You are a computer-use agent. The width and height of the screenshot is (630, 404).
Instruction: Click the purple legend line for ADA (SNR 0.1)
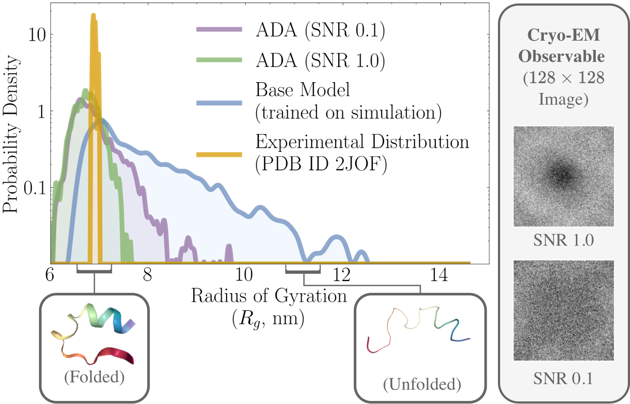click(219, 29)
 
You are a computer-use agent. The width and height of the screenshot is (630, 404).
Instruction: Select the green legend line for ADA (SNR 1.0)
click(219, 60)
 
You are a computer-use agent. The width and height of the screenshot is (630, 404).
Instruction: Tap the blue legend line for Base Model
click(219, 103)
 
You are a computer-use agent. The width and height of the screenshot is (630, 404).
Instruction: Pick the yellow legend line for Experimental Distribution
click(219, 154)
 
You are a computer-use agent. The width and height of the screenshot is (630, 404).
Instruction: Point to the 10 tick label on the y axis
click(37, 35)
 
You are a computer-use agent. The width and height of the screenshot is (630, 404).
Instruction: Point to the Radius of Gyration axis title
click(269, 296)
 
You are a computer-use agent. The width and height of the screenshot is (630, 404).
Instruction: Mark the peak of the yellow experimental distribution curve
click(93, 15)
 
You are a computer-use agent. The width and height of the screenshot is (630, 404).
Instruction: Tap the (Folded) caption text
click(94, 377)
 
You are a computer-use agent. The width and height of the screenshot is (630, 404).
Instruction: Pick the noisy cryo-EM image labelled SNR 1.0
click(563, 176)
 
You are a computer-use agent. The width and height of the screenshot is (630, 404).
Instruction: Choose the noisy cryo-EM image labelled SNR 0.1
click(563, 311)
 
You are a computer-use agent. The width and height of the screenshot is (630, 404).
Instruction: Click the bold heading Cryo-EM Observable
click(563, 45)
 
